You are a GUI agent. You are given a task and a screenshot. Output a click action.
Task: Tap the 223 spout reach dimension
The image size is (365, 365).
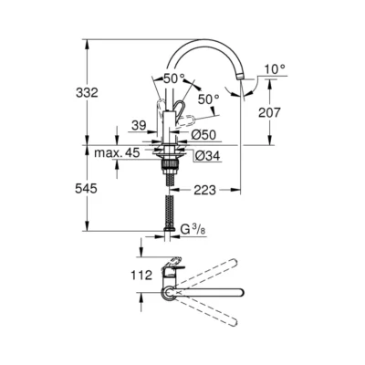click(204, 190)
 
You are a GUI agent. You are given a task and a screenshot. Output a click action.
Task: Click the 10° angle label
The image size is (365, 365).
click(276, 68)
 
